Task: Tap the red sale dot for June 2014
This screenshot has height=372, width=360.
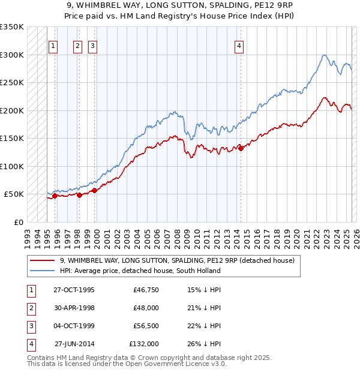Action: click(x=241, y=149)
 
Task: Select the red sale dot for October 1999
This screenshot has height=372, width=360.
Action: click(x=94, y=191)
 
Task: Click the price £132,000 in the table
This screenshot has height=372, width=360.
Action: click(x=144, y=344)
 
